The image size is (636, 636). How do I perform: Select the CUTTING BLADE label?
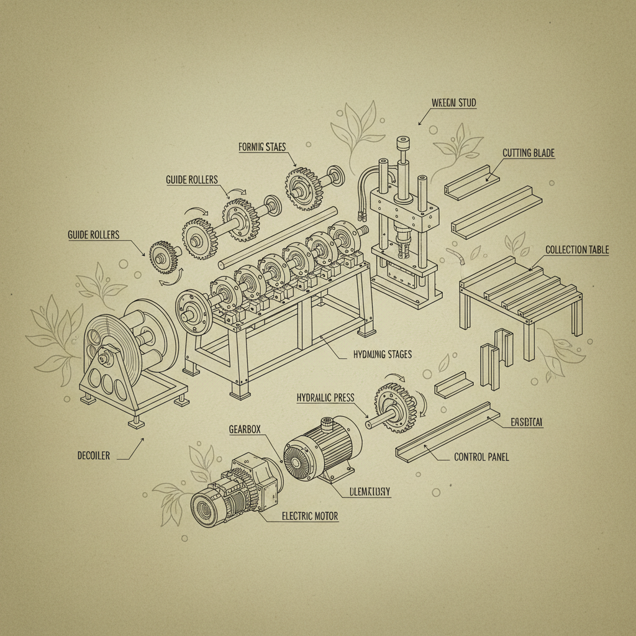[528, 153]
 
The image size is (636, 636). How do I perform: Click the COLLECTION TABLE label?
[577, 250]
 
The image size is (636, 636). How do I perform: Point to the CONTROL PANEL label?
[481, 457]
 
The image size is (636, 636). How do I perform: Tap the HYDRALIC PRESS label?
[325, 398]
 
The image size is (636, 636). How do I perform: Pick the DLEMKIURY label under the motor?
[366, 491]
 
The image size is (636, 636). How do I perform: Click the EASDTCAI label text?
[527, 422]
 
